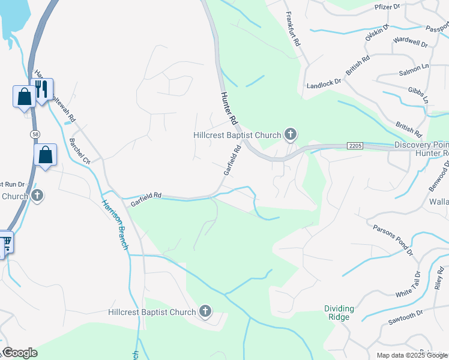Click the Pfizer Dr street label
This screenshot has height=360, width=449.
coord(387,7)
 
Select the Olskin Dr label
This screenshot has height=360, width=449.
coord(377,32)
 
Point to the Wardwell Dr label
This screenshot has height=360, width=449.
coord(410,44)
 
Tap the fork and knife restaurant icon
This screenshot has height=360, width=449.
coord(41,89)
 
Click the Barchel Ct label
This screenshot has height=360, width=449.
coord(79,152)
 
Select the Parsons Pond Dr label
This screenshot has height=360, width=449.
coord(393,239)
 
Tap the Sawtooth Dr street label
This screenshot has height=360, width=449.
coord(406,318)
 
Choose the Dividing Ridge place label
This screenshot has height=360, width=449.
coord(339,313)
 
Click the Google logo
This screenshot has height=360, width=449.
coord(19,353)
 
